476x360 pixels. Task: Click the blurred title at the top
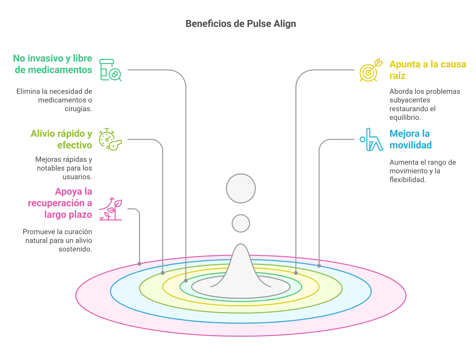point(241,24)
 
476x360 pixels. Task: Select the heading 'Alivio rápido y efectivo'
point(61,140)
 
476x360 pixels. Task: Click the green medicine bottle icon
point(110,70)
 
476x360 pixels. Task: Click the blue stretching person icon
point(371,139)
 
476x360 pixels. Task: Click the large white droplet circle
point(241,188)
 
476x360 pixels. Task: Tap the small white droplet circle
point(241,223)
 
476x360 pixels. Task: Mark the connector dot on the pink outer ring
point(140,264)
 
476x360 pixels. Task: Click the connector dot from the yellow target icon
point(296,273)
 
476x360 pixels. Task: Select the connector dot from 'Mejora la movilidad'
point(319,265)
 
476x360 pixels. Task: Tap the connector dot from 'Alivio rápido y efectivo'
point(162,273)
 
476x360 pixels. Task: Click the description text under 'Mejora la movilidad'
point(422,171)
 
